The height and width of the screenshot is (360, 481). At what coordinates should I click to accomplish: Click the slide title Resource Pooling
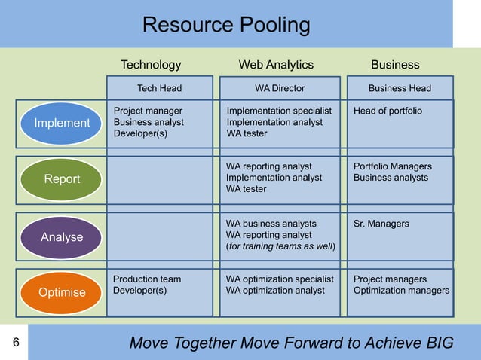click(x=226, y=26)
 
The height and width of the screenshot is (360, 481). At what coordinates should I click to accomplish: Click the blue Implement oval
click(x=62, y=123)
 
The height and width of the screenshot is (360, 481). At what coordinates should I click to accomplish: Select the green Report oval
click(x=62, y=179)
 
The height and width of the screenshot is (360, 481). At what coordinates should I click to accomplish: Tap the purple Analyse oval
click(x=62, y=237)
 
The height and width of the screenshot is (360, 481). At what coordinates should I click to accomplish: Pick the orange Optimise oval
click(x=62, y=292)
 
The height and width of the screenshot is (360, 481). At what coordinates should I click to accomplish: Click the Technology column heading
click(x=151, y=65)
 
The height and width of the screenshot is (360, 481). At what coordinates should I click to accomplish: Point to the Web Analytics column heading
click(x=276, y=65)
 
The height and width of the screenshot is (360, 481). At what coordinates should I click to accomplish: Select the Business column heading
click(x=395, y=65)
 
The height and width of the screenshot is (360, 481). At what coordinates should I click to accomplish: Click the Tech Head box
click(x=159, y=88)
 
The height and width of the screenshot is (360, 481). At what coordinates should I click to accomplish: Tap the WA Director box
click(x=280, y=88)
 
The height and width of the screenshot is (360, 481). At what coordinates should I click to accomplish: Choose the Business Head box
click(x=400, y=88)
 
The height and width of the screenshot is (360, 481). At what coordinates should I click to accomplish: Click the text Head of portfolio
click(x=388, y=111)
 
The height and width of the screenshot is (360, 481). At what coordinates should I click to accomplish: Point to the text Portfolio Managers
click(x=392, y=166)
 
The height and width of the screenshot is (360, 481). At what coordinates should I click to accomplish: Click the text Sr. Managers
click(x=381, y=224)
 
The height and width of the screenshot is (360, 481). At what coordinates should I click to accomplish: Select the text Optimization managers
click(x=401, y=291)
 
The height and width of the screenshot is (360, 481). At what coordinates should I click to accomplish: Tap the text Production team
click(x=147, y=279)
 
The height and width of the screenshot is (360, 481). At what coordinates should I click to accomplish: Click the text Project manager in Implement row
click(x=148, y=111)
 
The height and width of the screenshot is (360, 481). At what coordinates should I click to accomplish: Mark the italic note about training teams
click(x=281, y=246)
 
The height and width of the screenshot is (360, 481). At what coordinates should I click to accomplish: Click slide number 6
click(x=14, y=343)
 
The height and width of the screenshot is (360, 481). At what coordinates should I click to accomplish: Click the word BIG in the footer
click(x=438, y=343)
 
